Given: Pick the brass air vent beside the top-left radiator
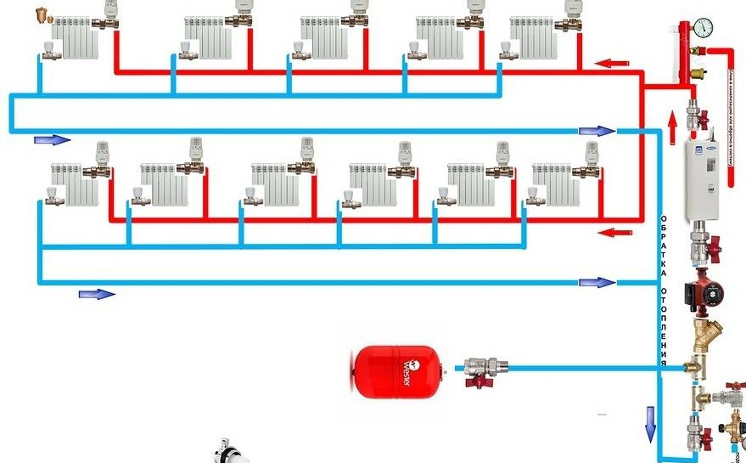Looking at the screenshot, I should coord(42,16).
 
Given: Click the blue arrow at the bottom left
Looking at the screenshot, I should coord(96,294).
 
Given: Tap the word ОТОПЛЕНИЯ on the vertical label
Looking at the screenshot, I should coord(664,327).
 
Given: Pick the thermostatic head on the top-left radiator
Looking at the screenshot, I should coord(109,11).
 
